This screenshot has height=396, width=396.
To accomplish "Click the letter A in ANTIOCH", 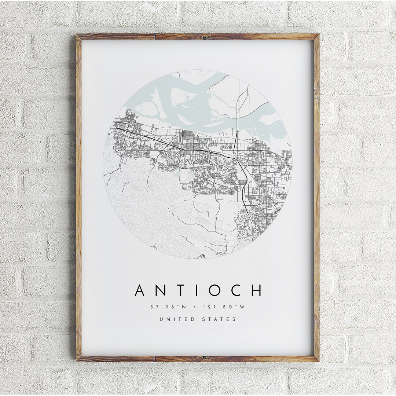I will pyautogui.click(x=141, y=290).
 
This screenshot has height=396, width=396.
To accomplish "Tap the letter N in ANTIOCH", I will pyautogui.click(x=161, y=290).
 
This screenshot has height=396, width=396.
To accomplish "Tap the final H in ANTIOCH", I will pyautogui.click(x=256, y=290).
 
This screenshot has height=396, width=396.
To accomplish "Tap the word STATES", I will pyautogui.click(x=219, y=319).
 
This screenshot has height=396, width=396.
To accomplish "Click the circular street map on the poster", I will pyautogui.click(x=198, y=165).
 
